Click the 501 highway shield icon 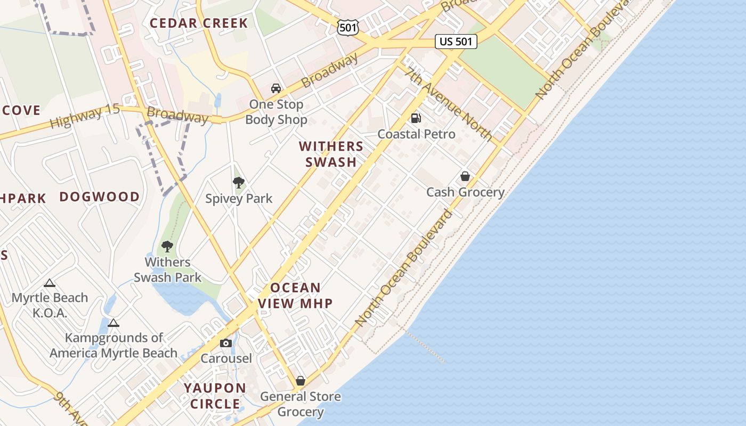[348, 27]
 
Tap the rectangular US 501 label [456, 42]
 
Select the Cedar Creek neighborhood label [199, 23]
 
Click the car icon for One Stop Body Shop [276, 88]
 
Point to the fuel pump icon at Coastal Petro [416, 118]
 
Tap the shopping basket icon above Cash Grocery [465, 176]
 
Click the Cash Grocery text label [465, 192]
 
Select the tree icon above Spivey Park [239, 183]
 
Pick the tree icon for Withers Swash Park [167, 246]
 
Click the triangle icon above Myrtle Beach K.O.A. [50, 283]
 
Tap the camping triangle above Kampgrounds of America [113, 323]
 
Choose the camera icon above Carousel [226, 343]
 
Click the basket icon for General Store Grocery [301, 381]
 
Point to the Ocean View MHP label [295, 296]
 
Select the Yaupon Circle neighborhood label [215, 396]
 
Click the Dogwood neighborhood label [100, 196]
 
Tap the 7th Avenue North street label [449, 104]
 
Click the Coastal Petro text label [416, 134]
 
